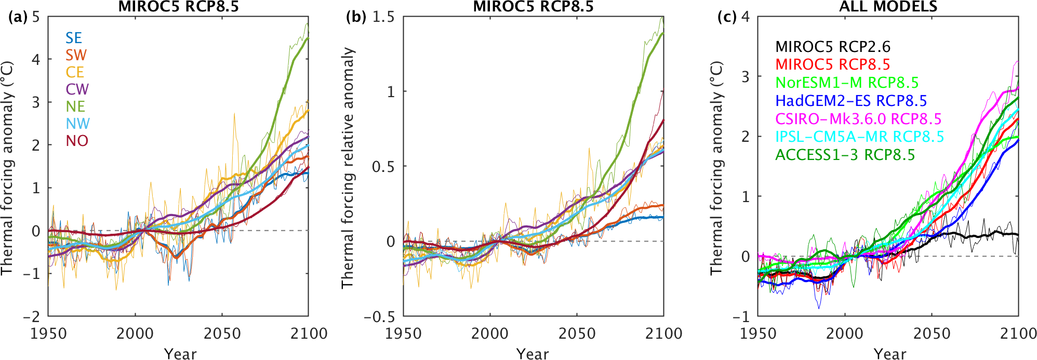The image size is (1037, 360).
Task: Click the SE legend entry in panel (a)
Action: coord(73,38)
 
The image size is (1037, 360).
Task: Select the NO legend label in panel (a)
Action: coord(77,141)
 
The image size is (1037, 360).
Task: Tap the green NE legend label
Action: coord(75,106)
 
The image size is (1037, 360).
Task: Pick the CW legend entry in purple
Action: coord(77,89)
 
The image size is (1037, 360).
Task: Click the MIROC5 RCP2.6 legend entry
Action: coord(832,47)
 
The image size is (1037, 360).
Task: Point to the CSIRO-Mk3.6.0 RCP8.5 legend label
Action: coord(858,119)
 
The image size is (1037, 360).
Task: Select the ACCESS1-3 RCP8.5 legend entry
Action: coord(845,155)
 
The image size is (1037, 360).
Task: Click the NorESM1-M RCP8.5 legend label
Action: coord(847,83)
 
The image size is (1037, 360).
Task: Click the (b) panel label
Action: coord(356,17)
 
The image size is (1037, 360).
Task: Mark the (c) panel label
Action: coord(727,17)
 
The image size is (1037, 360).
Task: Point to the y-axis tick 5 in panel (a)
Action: coord(36,17)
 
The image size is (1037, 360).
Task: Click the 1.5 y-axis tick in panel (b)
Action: coord(383,17)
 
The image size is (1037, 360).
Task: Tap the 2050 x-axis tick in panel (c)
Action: coord(932,334)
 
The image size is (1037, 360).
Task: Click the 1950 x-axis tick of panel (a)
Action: coord(48,334)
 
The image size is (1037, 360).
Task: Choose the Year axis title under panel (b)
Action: coord(533,354)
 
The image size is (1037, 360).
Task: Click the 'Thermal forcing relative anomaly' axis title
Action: coord(347,167)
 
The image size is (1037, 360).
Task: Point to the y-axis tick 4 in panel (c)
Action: coord(746,17)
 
